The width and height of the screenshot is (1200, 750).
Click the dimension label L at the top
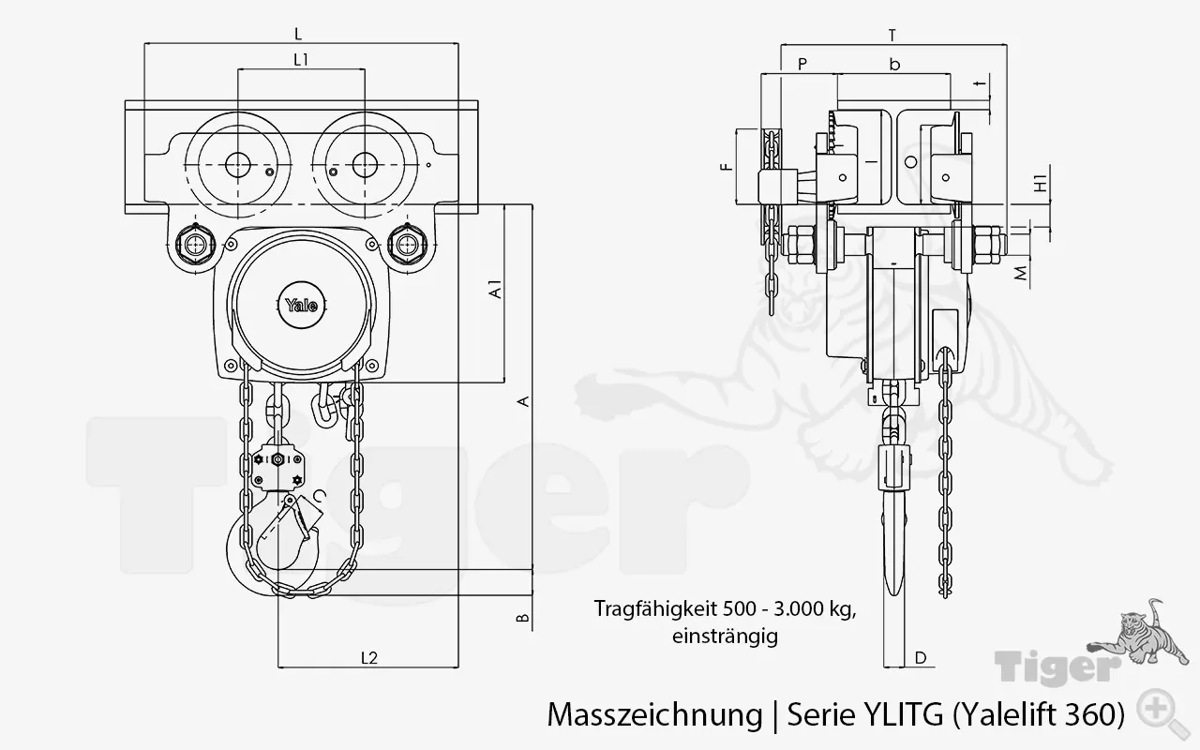point(298,34)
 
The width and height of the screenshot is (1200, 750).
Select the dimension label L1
point(301,60)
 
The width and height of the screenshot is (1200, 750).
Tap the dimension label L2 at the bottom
point(368,657)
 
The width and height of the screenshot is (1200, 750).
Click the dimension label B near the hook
point(525,618)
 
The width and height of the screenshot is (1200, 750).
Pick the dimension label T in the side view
point(892,36)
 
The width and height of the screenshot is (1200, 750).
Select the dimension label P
point(802,64)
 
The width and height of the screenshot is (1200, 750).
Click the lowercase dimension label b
point(894,64)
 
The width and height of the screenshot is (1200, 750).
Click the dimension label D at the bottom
point(920,658)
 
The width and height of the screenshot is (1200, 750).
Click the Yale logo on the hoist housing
point(301,305)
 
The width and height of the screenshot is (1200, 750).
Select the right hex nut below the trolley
point(407,246)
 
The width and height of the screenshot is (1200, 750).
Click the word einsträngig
point(725,636)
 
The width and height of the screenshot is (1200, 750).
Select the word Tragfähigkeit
point(649,608)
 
